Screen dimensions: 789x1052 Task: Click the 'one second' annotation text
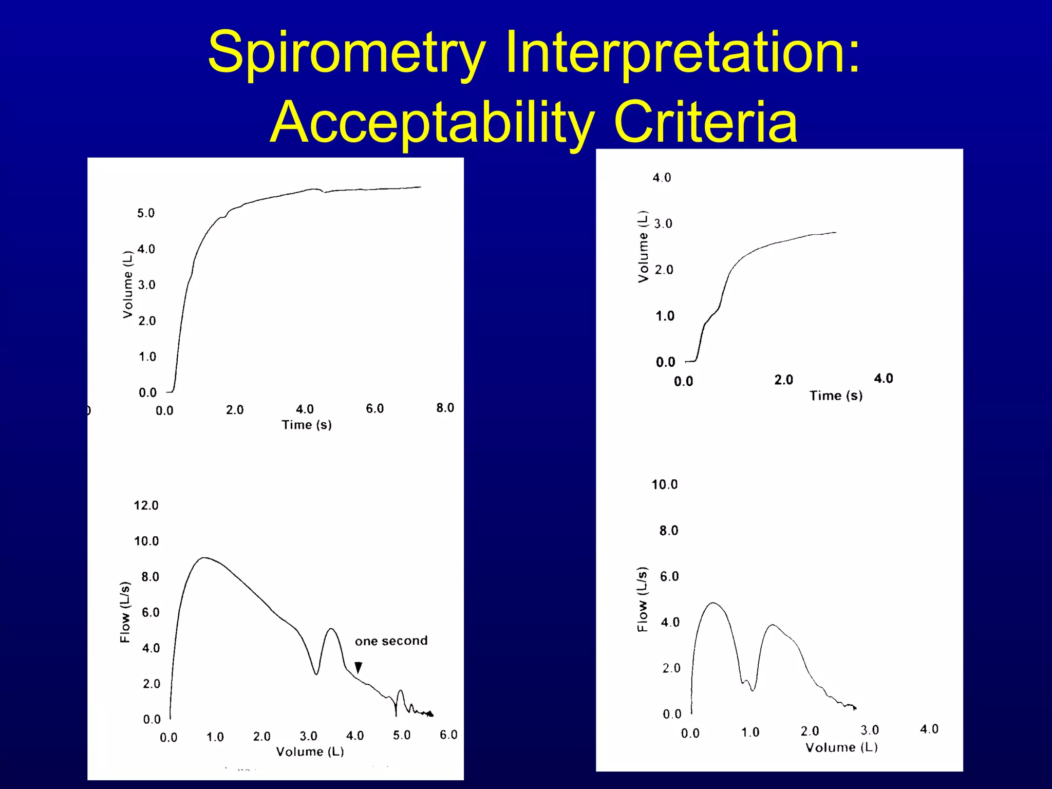tap(391, 641)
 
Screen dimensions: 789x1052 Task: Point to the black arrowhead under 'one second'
tap(359, 667)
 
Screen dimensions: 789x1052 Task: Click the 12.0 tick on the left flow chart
tap(146, 505)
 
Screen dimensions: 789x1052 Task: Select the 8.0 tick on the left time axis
tap(445, 408)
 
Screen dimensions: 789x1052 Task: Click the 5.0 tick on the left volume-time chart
tap(145, 213)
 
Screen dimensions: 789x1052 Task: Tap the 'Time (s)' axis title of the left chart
tap(307, 425)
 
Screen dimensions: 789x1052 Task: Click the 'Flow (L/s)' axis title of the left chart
tap(125, 612)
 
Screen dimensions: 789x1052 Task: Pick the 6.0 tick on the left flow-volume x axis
tap(448, 735)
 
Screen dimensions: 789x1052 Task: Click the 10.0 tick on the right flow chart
tap(664, 484)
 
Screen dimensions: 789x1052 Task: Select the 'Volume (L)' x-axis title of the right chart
tap(841, 747)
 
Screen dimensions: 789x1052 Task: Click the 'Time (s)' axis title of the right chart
tap(836, 396)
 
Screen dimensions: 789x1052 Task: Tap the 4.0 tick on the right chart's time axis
tap(883, 379)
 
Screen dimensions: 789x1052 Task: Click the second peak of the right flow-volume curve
tap(772, 625)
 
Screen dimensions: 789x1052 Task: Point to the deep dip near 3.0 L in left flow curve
tap(316, 673)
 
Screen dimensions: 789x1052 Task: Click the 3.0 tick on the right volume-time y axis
tap(663, 224)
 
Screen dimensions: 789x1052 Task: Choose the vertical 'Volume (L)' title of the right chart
tap(643, 247)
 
